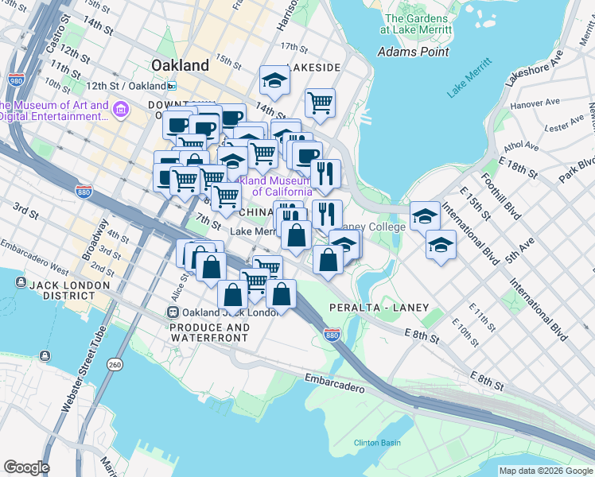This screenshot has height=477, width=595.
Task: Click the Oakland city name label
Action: pos(180,65)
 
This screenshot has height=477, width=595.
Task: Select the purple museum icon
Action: pos(121,108)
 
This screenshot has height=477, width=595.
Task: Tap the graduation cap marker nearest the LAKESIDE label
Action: pos(274,80)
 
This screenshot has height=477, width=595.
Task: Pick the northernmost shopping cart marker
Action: pos(320,103)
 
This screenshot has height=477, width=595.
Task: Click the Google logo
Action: pos(26,467)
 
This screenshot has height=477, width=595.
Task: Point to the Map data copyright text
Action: pos(544,471)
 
